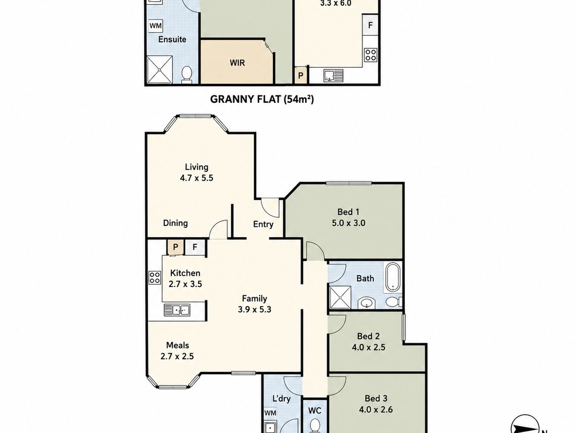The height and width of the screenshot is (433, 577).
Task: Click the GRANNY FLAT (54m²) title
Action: [x=262, y=99]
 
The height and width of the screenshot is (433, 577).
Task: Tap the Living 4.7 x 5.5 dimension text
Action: [x=196, y=178]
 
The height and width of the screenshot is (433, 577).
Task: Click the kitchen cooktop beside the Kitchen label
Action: [x=155, y=277]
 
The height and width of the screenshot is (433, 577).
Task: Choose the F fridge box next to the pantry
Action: [x=195, y=247]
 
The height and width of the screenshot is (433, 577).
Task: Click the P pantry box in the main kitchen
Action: [x=175, y=247]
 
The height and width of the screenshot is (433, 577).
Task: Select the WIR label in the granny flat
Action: [x=237, y=63]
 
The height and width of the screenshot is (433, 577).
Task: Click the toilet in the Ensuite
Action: [x=186, y=75]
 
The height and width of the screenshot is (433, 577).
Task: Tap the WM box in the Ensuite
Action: [x=155, y=26]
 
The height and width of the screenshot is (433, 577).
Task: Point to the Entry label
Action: [x=263, y=225]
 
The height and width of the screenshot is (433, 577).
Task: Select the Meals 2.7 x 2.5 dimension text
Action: [x=177, y=356]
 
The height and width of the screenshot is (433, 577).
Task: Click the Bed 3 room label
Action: [x=376, y=398]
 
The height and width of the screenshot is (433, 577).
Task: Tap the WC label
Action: [x=315, y=411]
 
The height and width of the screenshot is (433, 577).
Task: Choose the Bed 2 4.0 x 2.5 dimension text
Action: [x=369, y=347]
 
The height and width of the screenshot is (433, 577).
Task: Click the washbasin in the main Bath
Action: [x=367, y=303]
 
